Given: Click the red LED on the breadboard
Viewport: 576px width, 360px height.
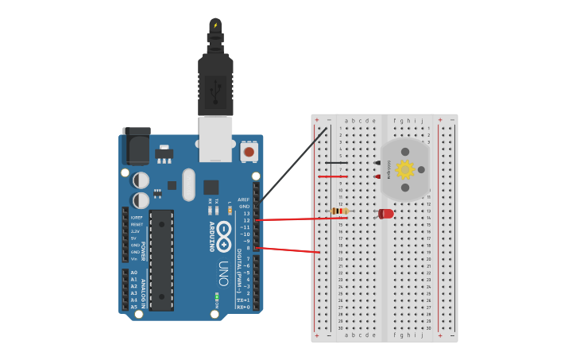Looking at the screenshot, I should point(386,214).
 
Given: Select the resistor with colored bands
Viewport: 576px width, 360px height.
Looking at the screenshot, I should point(339,211).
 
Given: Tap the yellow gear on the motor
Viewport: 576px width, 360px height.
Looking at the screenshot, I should point(405,169).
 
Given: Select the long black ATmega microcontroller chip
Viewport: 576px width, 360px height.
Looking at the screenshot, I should point(161,259).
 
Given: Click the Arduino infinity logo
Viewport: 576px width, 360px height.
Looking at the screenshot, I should point(225,233).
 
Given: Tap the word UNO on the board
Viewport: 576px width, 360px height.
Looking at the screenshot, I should point(224,270).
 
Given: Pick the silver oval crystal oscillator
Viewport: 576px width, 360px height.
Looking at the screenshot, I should point(187,184).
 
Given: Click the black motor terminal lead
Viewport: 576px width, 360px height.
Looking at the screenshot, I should point(377,163).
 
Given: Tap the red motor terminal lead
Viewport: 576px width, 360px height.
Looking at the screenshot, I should point(377,176).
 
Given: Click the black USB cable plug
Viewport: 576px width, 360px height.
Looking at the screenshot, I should point(215,79).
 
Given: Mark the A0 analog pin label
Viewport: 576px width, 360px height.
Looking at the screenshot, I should point(133,273).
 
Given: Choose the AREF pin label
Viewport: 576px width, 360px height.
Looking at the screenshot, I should point(244,199).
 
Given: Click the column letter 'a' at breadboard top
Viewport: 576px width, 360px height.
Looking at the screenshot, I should point(346,121).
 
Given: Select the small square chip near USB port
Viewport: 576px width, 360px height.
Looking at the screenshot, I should point(211,188).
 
